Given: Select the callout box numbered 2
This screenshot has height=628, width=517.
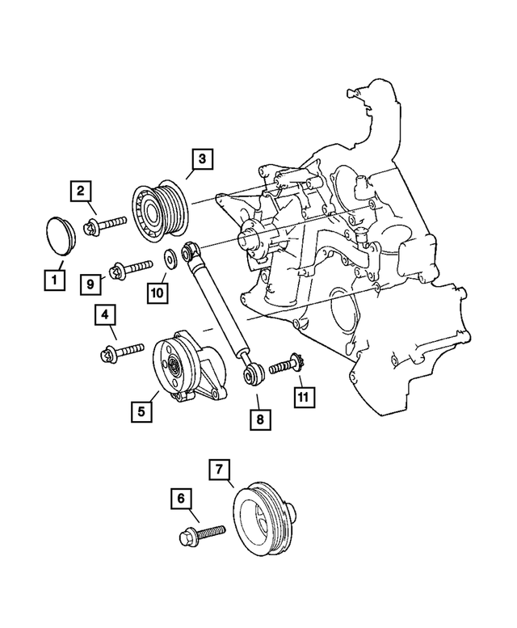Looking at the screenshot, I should pyautogui.click(x=80, y=192).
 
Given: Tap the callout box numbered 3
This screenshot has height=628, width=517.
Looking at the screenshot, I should pyautogui.click(x=202, y=158).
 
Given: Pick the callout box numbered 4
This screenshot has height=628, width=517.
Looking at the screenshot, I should pyautogui.click(x=105, y=314).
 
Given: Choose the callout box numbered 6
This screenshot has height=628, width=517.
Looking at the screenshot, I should pyautogui.click(x=182, y=500).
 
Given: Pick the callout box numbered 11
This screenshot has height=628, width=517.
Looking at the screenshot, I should pyautogui.click(x=303, y=396).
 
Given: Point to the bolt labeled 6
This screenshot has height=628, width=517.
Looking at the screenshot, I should pyautogui.click(x=202, y=533).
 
